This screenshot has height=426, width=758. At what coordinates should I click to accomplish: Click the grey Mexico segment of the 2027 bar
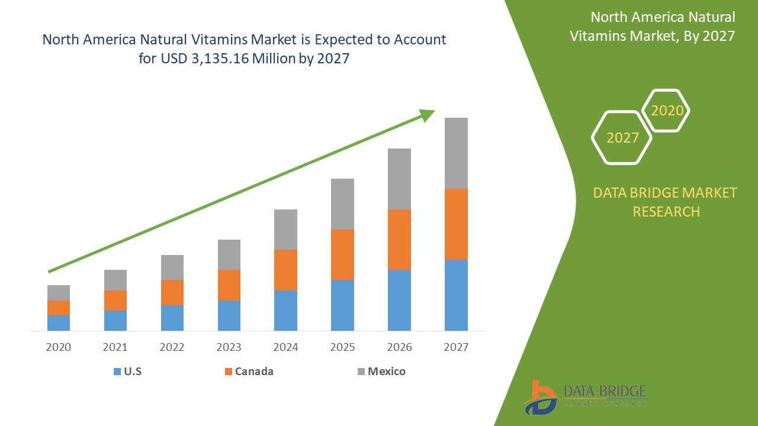[x=456, y=153]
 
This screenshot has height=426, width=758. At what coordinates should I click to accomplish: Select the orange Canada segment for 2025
[x=342, y=254]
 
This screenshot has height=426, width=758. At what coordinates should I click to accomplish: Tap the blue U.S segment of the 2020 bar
[x=59, y=322]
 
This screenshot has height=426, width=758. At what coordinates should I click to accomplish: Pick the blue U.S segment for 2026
[x=399, y=300]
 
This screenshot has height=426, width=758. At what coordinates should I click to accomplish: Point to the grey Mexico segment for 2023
[x=229, y=254]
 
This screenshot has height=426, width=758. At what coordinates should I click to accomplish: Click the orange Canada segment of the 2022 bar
[x=172, y=292]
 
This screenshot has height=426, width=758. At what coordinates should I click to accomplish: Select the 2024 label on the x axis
[x=286, y=347]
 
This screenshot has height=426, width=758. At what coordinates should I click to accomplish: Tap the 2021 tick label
[x=115, y=347]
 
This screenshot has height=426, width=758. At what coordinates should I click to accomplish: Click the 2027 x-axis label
[x=456, y=347]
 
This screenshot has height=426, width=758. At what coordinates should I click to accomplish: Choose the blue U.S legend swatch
[x=117, y=372]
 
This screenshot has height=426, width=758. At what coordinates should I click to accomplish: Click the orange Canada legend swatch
[x=228, y=372]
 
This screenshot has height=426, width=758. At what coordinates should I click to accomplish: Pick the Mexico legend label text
[x=387, y=372]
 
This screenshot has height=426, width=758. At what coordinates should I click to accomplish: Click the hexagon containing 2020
[x=667, y=111]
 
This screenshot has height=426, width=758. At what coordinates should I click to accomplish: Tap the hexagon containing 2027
[x=622, y=138]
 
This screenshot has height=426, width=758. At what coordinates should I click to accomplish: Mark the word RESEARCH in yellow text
[x=666, y=211]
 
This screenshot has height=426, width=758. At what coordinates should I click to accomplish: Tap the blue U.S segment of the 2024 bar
[x=286, y=310]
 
